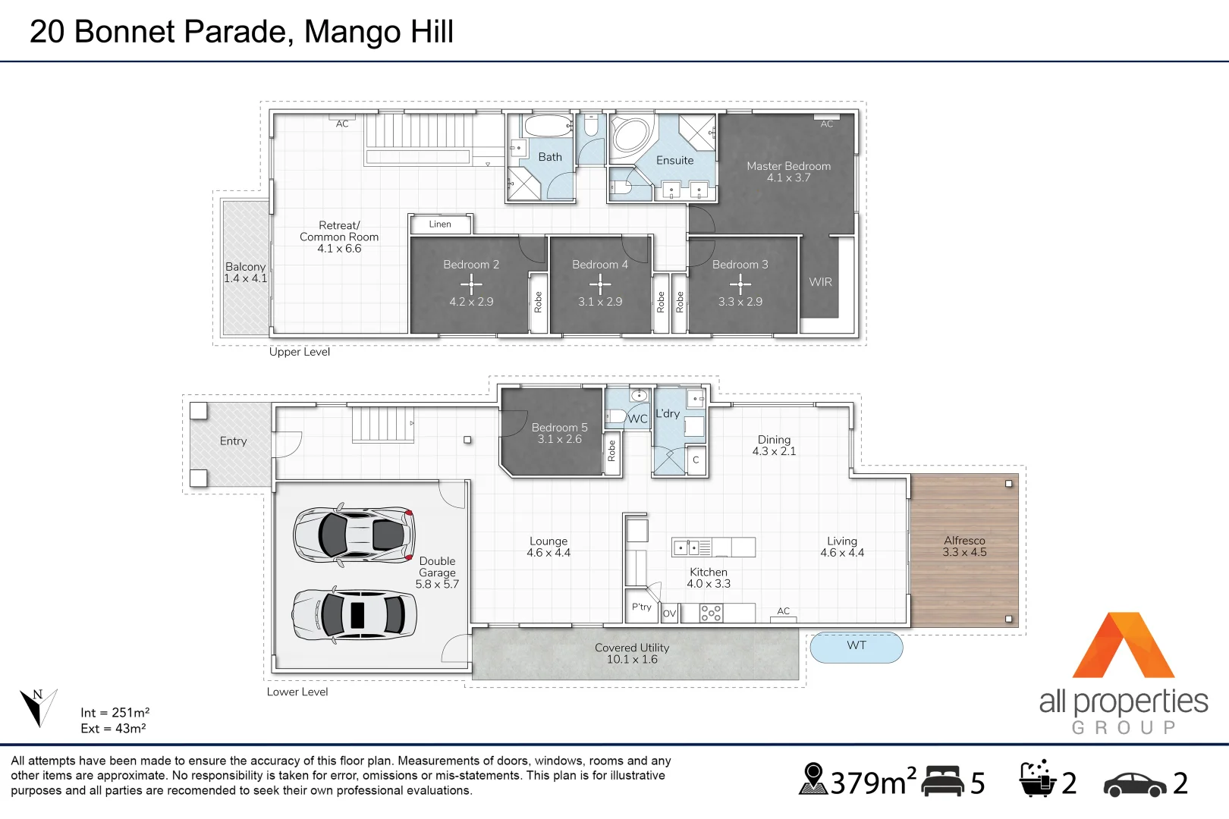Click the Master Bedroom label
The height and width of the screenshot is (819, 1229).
[788, 166]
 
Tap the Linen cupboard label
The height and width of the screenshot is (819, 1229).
[440, 224]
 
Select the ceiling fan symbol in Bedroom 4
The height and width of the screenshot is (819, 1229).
[600, 284]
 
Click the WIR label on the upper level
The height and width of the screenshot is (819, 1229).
[820, 282]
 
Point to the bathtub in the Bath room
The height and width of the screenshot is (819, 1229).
[548, 126]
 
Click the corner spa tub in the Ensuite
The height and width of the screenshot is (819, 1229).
[631, 136]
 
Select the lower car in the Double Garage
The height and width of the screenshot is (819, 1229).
[354, 614]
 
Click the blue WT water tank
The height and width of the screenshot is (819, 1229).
[857, 647]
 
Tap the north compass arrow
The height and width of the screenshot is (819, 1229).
[36, 708]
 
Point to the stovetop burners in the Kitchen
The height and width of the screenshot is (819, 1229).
[711, 613]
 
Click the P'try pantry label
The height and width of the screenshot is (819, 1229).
[642, 607]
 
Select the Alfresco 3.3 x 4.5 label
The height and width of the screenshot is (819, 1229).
[964, 546]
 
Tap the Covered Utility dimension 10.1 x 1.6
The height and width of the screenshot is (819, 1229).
[632, 660]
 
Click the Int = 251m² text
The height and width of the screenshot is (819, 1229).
[115, 713]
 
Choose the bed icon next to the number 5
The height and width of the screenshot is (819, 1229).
[943, 781]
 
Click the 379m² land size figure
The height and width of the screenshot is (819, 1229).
[872, 783]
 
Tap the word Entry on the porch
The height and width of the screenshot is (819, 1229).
[233, 441]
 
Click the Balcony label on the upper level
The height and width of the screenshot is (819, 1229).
[245, 267]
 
